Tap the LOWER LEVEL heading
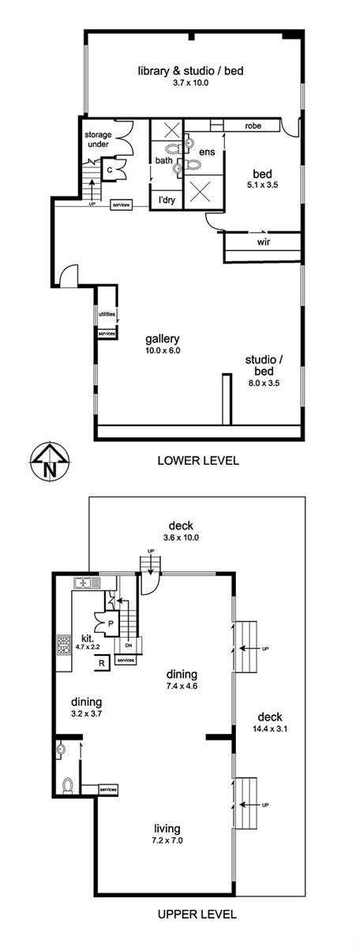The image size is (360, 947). [198, 460]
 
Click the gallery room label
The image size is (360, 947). [163, 339]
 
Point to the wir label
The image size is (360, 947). [263, 242]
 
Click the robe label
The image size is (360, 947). [253, 125]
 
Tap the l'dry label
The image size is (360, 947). [167, 200]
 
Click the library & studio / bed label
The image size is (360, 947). [191, 70]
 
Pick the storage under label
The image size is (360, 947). [98, 140]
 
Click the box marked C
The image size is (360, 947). [109, 170]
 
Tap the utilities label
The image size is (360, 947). [107, 315]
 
